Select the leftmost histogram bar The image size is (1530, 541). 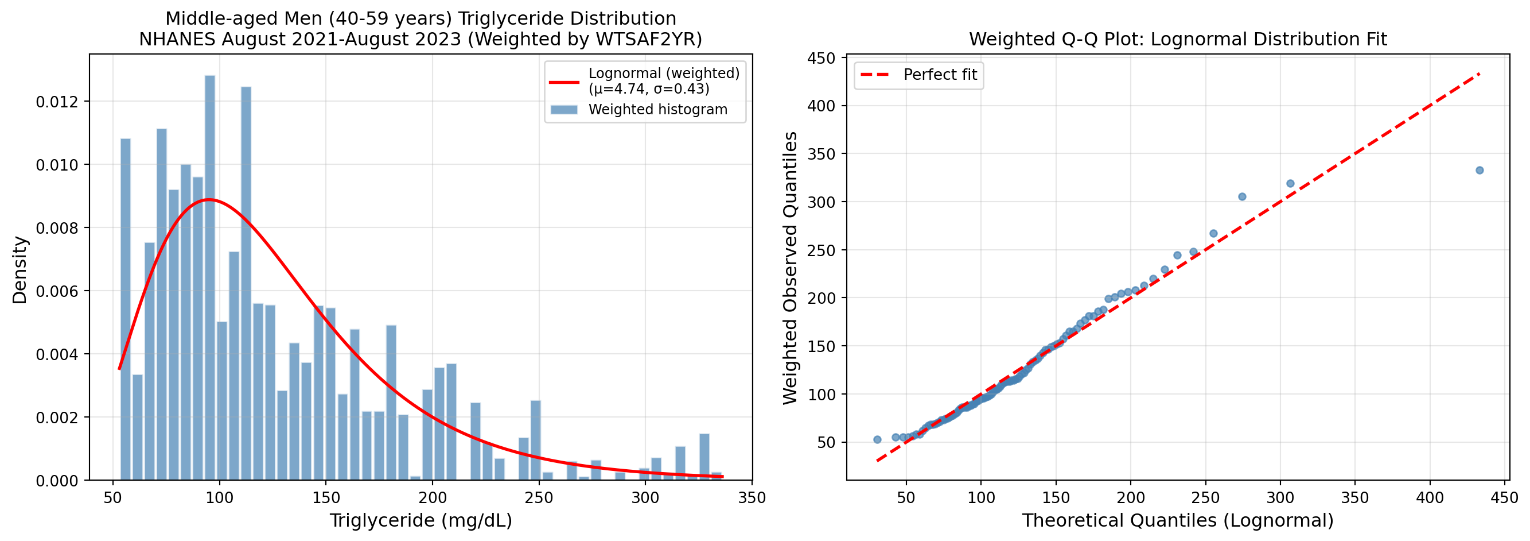[x=125, y=309]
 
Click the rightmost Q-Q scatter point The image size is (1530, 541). [x=1480, y=170]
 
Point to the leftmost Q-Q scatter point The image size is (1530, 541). [x=877, y=439]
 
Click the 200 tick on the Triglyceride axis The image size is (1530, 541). [x=432, y=497]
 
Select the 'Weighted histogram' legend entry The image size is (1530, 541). [x=657, y=109]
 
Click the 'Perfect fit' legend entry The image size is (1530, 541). [x=940, y=75]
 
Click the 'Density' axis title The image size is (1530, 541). [x=20, y=270]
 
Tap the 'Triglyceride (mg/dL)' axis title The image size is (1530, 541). [x=421, y=520]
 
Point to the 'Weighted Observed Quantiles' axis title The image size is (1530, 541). [x=791, y=268]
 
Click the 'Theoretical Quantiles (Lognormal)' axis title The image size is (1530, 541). [x=1177, y=520]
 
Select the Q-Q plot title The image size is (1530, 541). [x=1178, y=39]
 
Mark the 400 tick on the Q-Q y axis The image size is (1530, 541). [x=822, y=106]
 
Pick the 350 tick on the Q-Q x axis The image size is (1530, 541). [x=1355, y=497]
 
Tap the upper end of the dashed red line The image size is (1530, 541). [x=1479, y=74]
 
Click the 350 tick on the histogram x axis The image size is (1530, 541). [x=752, y=497]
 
